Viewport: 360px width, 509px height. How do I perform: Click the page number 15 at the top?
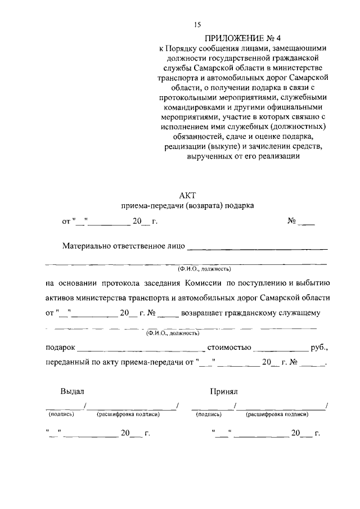pos(197,24)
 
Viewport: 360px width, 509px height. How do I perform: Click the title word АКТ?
pos(187,195)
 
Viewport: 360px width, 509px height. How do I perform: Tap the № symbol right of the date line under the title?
pos(292,222)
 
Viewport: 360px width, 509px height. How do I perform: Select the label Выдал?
pos(73,390)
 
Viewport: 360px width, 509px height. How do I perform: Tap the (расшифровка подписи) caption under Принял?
pos(277,414)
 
